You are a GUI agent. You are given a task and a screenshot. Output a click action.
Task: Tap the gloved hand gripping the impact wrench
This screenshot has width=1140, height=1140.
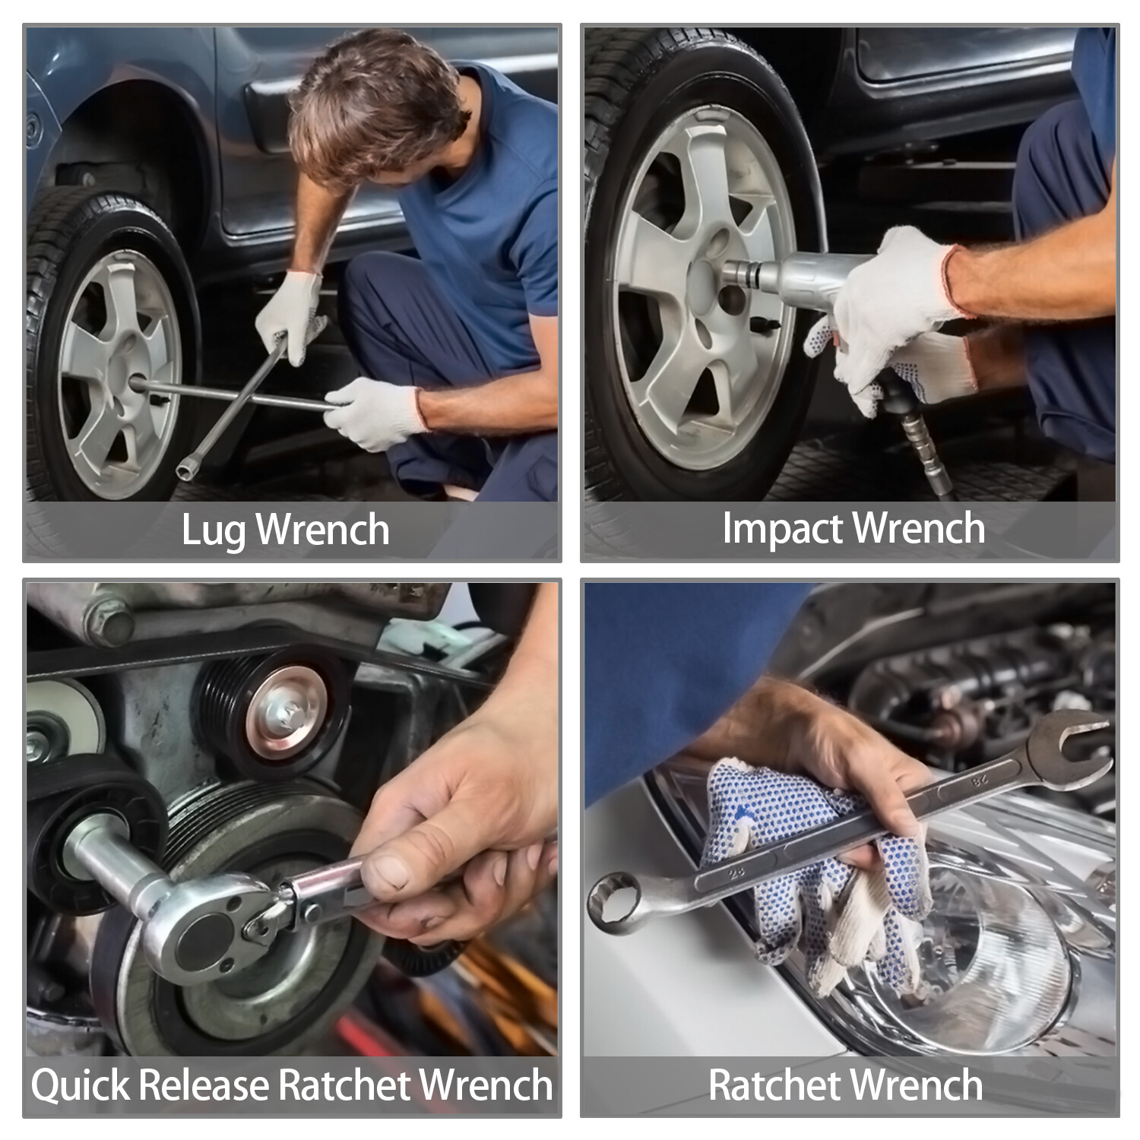(x=889, y=319)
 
